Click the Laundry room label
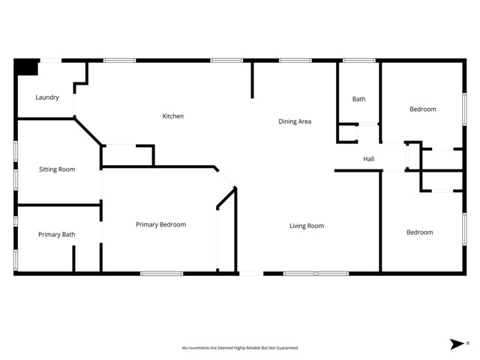pyautogui.click(x=47, y=97)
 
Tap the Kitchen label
pyautogui.click(x=173, y=116)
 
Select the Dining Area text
pyautogui.click(x=295, y=121)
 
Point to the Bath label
pyautogui.click(x=358, y=99)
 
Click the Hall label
pyautogui.click(x=368, y=159)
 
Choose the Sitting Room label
pyautogui.click(x=57, y=169)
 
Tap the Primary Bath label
pyautogui.click(x=57, y=235)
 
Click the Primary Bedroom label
pyautogui.click(x=160, y=224)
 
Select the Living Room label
pyautogui.click(x=307, y=226)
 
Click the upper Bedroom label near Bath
pyautogui.click(x=422, y=109)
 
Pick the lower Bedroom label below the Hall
pyautogui.click(x=419, y=232)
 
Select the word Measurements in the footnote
pyautogui.click(x=197, y=348)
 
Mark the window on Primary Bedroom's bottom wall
pyautogui.click(x=161, y=274)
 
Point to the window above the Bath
pyautogui.click(x=358, y=60)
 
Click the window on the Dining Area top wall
pyautogui.click(x=295, y=60)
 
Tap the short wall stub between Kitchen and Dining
pyautogui.click(x=252, y=79)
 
